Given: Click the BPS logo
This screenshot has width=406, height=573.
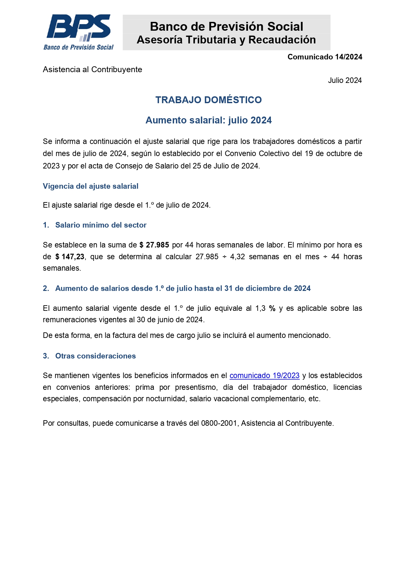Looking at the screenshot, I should pos(79,32).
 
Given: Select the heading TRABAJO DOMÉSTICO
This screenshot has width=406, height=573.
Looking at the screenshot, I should pos(208,100).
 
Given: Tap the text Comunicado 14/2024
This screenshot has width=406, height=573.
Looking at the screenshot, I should pos(325,57).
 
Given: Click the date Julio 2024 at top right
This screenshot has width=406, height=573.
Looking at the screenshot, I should pos(345,80).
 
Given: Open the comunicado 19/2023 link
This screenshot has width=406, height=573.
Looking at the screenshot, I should pos(264,375).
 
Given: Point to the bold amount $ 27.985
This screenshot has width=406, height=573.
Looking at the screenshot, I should pos(154,245).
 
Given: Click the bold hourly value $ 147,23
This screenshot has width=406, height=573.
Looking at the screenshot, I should pos(70,257).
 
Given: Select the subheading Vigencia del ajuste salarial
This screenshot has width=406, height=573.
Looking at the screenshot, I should pos(91,186).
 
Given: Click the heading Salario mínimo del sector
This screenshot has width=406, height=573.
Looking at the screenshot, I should pos(101,225).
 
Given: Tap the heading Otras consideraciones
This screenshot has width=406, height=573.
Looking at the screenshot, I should pos(96,356).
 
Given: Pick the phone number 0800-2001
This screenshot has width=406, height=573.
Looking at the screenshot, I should pos(219,423).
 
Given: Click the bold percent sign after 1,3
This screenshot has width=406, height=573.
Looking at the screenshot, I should pos(272,308).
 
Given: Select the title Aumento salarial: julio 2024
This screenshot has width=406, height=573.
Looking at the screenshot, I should pos(208,120).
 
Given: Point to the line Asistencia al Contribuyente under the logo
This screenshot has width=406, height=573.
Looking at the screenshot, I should pos(92,70).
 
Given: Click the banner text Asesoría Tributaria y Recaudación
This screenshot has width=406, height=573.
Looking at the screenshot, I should pos(226,40).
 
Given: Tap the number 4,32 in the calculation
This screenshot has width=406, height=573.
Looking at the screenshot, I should pos(238,257).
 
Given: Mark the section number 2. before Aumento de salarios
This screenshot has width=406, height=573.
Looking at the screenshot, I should pos(46,288).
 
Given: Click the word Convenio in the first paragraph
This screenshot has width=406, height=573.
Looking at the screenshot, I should pos(240,153).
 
